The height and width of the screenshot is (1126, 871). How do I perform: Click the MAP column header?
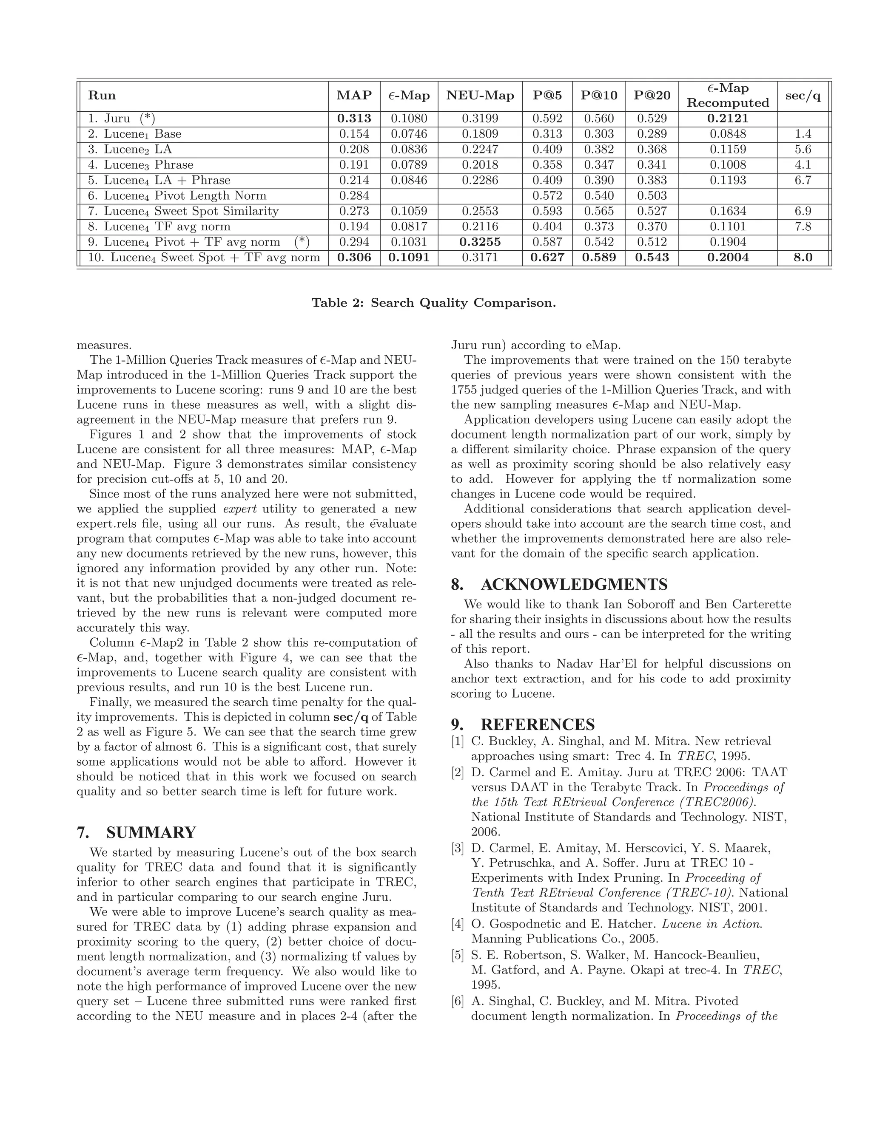pyautogui.click(x=354, y=95)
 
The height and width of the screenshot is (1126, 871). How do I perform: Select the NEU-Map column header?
pyautogui.click(x=480, y=95)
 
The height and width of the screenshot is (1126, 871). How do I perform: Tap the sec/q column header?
pyautogui.click(x=803, y=95)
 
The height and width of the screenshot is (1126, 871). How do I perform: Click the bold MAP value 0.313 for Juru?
pyautogui.click(x=354, y=119)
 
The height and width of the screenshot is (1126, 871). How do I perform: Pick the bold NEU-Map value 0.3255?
pyautogui.click(x=480, y=242)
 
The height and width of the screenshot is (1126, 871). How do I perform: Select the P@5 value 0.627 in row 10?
pyautogui.click(x=547, y=257)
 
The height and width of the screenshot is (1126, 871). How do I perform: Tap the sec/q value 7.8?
pyautogui.click(x=803, y=226)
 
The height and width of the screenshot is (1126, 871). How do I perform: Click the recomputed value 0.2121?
pyautogui.click(x=728, y=119)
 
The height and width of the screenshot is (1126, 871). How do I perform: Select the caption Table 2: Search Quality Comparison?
pyautogui.click(x=433, y=303)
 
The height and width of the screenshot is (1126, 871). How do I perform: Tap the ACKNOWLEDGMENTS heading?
pyautogui.click(x=574, y=584)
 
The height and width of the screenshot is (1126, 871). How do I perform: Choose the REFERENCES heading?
pyautogui.click(x=538, y=724)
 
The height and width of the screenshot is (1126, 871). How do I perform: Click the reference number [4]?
pyautogui.click(x=458, y=924)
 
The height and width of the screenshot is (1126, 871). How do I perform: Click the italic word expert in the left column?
pyautogui.click(x=239, y=509)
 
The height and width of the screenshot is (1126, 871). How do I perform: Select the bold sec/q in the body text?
pyautogui.click(x=350, y=717)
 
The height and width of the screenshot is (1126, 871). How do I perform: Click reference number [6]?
pyautogui.click(x=458, y=1001)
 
